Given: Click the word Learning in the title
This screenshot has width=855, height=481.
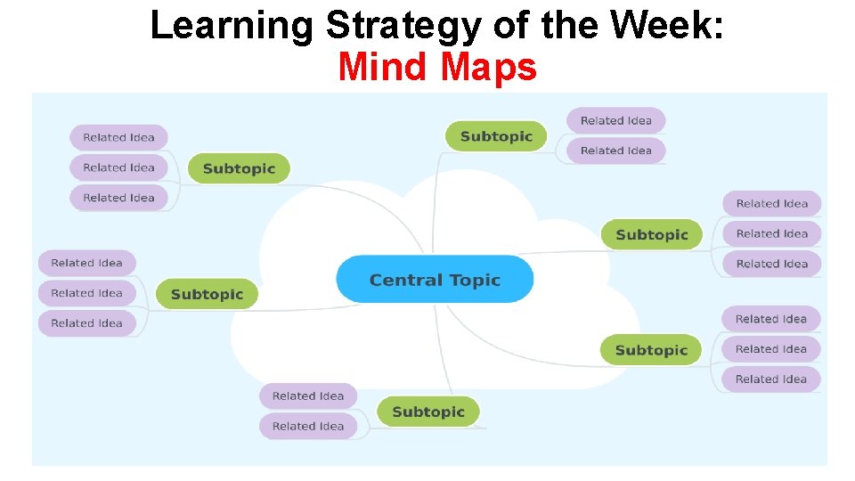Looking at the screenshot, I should pyautogui.click(x=232, y=26).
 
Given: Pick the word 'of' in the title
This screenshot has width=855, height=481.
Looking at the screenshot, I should pyautogui.click(x=509, y=26).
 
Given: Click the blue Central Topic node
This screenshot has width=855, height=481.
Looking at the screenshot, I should pyautogui.click(x=435, y=280).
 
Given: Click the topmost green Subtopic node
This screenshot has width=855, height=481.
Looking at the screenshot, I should pyautogui.click(x=496, y=136).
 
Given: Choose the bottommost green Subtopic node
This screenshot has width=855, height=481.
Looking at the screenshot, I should pyautogui.click(x=428, y=412).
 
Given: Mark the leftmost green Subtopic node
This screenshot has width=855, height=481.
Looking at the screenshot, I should pyautogui.click(x=207, y=294).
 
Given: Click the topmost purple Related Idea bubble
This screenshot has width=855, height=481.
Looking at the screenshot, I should pyautogui.click(x=616, y=120).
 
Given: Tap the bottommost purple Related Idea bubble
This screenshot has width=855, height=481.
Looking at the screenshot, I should pyautogui.click(x=308, y=426).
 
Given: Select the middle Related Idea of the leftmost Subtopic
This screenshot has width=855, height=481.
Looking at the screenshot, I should pyautogui.click(x=86, y=293).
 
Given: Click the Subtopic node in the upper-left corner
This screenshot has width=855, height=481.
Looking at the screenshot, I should pyautogui.click(x=239, y=168).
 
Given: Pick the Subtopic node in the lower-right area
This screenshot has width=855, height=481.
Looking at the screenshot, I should pyautogui.click(x=651, y=350).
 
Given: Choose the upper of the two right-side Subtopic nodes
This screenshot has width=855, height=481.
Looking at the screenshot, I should pyautogui.click(x=652, y=234).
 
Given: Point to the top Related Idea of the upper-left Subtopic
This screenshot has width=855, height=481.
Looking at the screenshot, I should pyautogui.click(x=118, y=137).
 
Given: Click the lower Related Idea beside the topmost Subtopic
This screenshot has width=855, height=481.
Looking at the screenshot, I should pyautogui.click(x=616, y=151).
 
